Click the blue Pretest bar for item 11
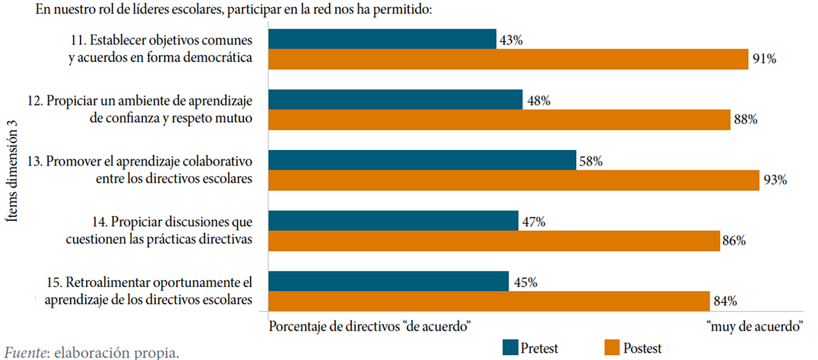point(382,39)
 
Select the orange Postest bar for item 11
point(508,59)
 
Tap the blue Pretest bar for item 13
point(422,160)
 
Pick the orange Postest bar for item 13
point(513,180)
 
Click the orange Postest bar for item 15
point(488,301)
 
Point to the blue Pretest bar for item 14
point(393,221)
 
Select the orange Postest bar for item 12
point(499,120)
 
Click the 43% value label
point(511,41)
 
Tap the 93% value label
point(775,180)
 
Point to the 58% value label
point(591,162)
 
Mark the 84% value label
point(725,301)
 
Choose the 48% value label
point(539,101)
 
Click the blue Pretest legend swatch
point(510,348)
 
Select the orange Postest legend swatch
point(612,348)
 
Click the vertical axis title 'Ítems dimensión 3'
point(12,171)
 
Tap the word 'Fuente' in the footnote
point(25,353)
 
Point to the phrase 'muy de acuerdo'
point(755,327)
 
